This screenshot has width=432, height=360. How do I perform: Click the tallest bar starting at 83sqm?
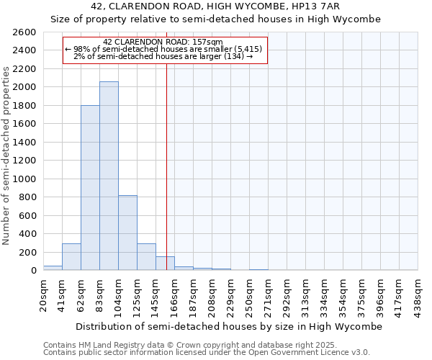coord(109,176)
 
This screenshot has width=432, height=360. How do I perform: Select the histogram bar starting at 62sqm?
coord(90,188)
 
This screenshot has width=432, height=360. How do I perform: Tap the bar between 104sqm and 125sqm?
coord(127,233)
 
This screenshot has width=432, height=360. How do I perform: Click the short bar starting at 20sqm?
coord(53,268)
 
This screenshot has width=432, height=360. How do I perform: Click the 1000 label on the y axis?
coord(23,179)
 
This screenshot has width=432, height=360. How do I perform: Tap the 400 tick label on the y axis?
coord(26,234)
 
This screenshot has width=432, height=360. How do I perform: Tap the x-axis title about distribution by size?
coord(228,326)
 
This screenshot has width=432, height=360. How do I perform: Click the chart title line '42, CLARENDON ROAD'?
coord(215,6)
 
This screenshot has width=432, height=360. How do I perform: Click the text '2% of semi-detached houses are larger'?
coord(163,56)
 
